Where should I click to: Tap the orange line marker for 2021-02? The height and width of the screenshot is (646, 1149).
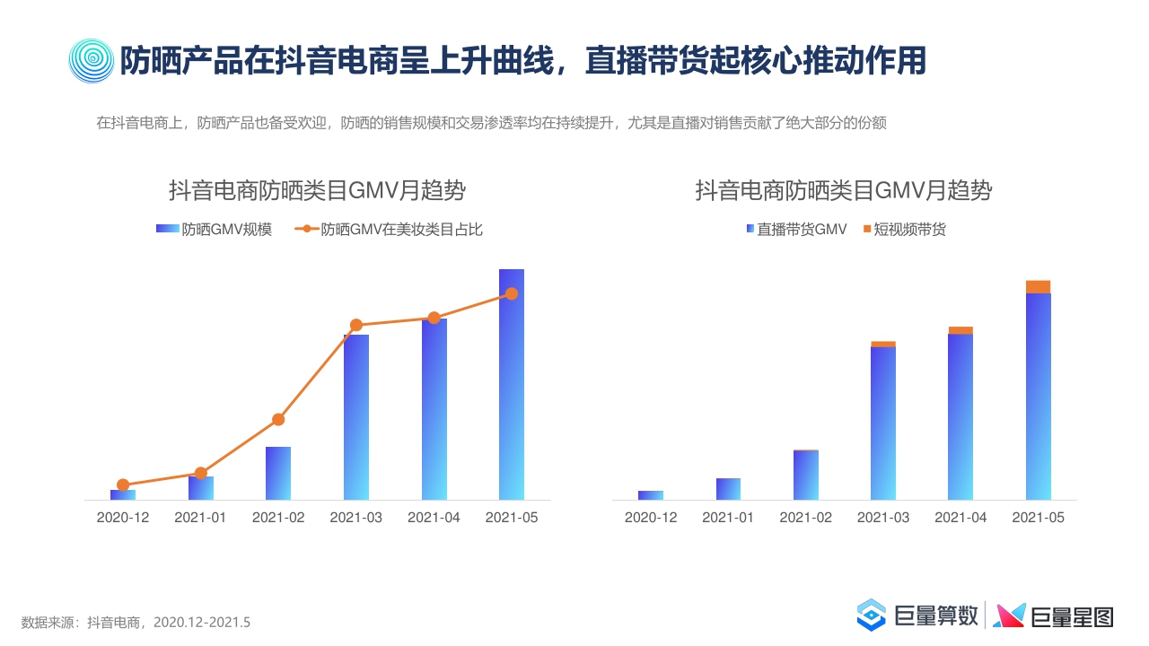(x=278, y=419)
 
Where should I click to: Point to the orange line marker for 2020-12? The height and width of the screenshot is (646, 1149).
(x=123, y=484)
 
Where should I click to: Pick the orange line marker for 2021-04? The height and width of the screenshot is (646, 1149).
(x=434, y=318)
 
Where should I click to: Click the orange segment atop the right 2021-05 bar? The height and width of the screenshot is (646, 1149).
(x=1038, y=287)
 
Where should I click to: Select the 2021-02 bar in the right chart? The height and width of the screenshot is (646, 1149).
(x=806, y=475)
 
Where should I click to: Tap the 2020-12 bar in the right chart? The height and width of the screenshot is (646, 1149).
(x=651, y=495)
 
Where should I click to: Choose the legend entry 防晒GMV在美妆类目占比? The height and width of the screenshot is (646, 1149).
(x=391, y=230)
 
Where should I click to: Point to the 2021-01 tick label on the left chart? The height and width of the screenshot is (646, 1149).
(x=200, y=518)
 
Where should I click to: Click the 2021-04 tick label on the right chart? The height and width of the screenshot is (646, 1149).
(x=960, y=518)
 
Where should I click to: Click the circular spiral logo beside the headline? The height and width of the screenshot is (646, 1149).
(x=92, y=61)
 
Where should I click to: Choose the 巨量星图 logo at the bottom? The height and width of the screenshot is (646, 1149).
(x=1054, y=615)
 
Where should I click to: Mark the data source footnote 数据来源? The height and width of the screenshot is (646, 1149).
(x=136, y=622)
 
